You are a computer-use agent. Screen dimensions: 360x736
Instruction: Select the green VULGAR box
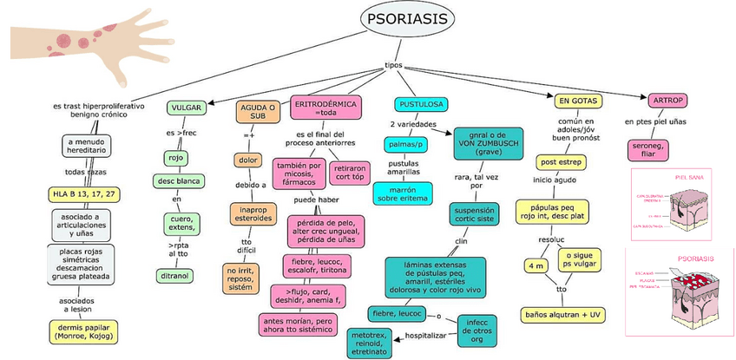187,108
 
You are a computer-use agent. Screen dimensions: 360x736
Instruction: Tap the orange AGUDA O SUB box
258,112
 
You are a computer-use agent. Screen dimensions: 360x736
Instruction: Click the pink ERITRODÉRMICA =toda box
326,108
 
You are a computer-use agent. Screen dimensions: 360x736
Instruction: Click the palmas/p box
406,143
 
